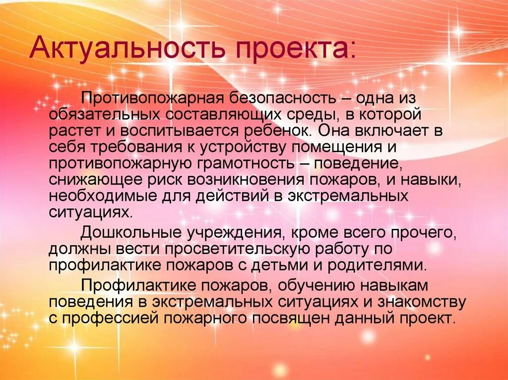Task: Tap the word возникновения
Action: [x=253, y=180]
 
